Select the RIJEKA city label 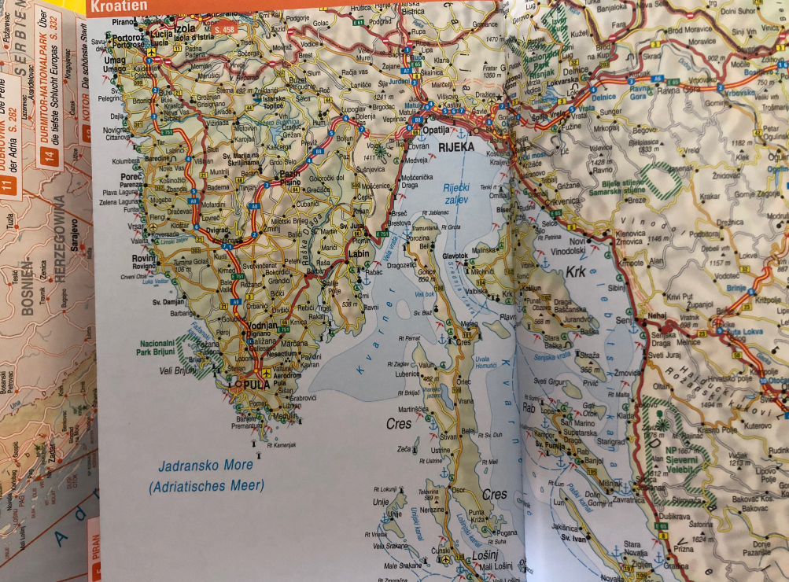coord(457,146)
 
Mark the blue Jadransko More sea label coord(205,465)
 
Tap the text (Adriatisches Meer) coord(206,485)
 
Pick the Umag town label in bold coord(115,61)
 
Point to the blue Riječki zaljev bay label coord(455,193)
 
